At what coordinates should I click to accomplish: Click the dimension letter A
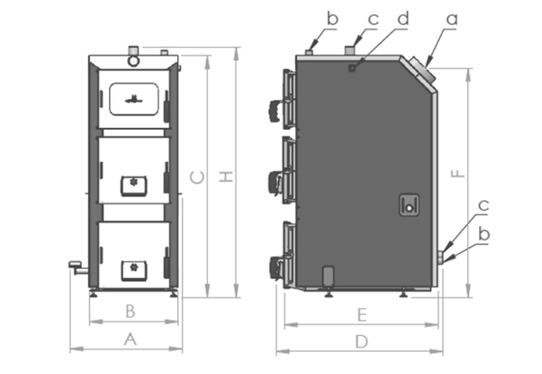pos(130,338)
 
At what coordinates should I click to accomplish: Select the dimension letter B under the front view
pos(130,311)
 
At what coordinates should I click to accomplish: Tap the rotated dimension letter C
pos(197,178)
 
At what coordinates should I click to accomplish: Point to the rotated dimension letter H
pos(226,176)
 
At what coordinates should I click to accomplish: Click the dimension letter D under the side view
pos(362,342)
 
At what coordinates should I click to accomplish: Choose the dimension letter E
pos(362,315)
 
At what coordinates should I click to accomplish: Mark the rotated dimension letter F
pos(458,173)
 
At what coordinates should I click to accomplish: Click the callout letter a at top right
pos(452,19)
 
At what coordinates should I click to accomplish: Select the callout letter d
pos(403,18)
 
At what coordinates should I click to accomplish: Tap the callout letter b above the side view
pos(332,18)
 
